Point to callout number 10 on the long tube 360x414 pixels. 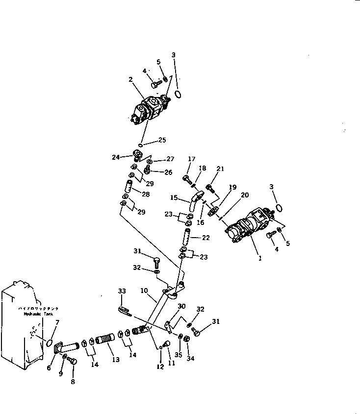[x=144, y=291]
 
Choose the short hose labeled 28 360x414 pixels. [x=130, y=187]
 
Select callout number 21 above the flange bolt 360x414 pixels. [x=221, y=169]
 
